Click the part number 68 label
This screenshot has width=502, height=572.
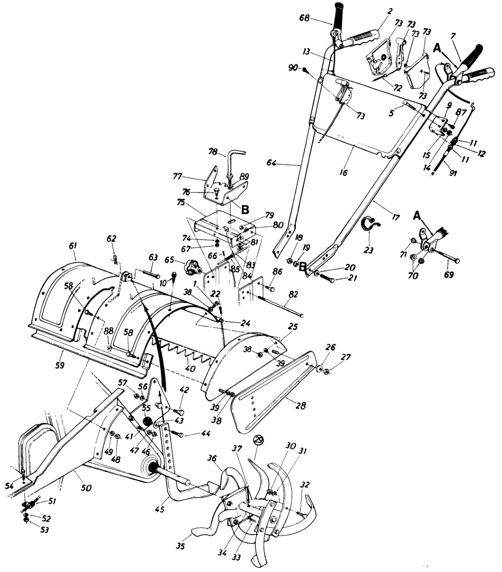click(x=304, y=19)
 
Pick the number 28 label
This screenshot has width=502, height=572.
click(x=301, y=406)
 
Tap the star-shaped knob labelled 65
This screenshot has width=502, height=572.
click(x=192, y=268)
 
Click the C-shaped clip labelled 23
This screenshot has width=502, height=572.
click(x=370, y=225)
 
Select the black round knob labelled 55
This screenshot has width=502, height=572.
click(x=148, y=422)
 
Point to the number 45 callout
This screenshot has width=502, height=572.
click(x=159, y=510)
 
